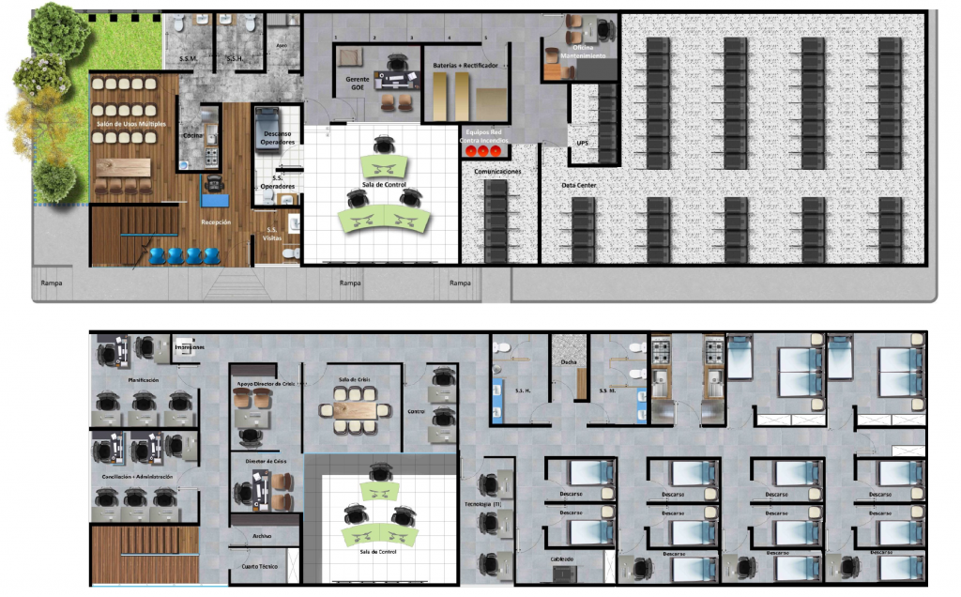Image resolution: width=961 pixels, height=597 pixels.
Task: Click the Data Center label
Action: pyautogui.click(x=579, y=186)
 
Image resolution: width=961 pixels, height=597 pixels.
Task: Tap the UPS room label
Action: pyautogui.click(x=583, y=144)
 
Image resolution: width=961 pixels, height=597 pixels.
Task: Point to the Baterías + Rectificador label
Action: pyautogui.click(x=471, y=66)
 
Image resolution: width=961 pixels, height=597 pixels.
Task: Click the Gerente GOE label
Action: pyautogui.click(x=358, y=84)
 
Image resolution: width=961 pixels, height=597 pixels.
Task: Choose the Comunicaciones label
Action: pyautogui.click(x=497, y=172)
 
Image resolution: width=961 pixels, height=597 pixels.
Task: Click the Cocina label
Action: pyautogui.click(x=192, y=136)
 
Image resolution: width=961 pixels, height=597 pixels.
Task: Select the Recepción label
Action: pyautogui.click(x=216, y=222)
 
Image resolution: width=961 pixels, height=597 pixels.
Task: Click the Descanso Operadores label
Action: pyautogui.click(x=278, y=138)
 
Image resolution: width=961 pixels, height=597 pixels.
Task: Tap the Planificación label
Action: pyautogui.click(x=143, y=379)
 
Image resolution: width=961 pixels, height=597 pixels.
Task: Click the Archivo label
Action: pyautogui.click(x=262, y=536)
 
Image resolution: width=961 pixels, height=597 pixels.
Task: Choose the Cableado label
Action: pyautogui.click(x=561, y=559)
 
